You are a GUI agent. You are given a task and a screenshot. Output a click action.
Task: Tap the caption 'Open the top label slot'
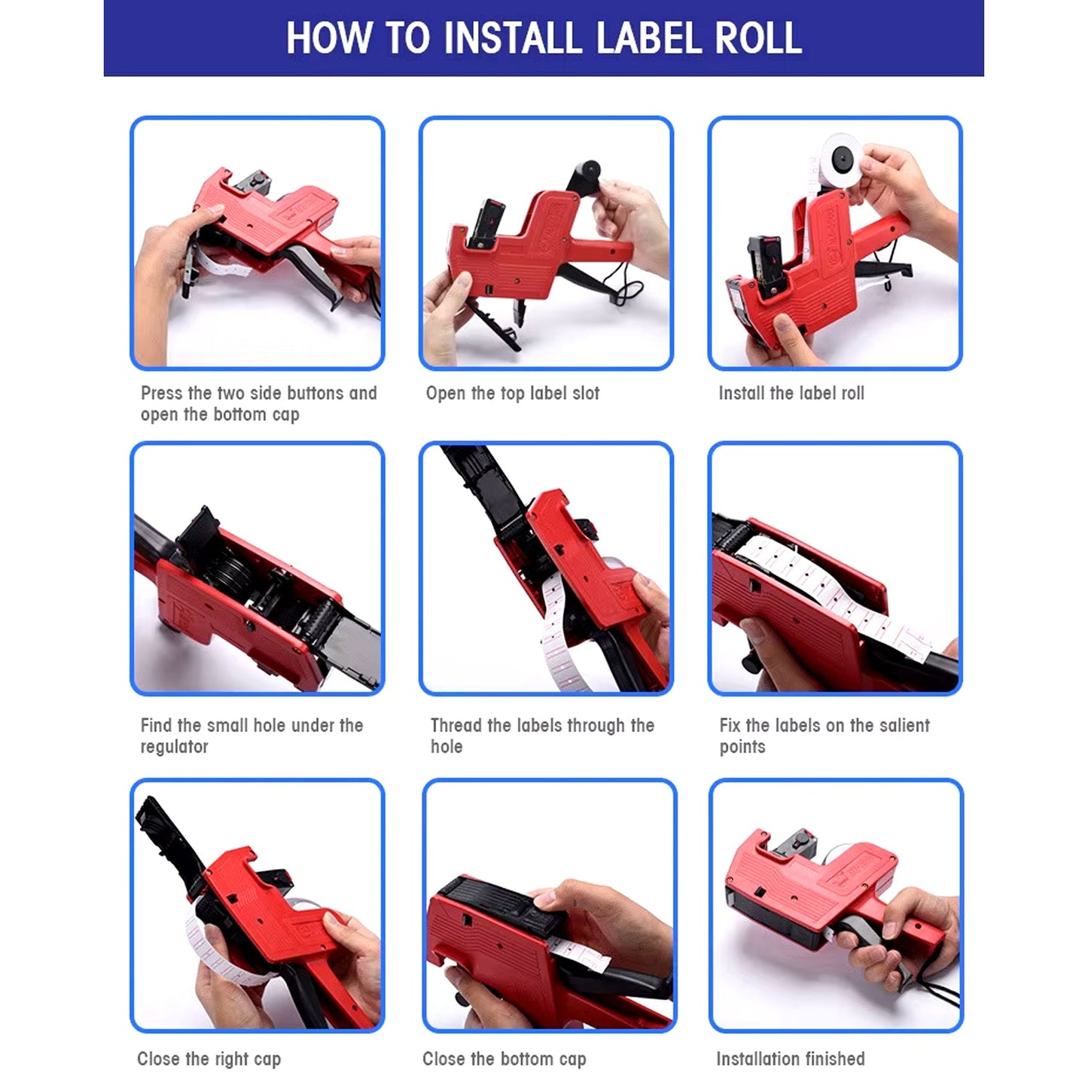click(512, 393)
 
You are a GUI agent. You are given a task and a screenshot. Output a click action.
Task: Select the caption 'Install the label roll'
click(791, 393)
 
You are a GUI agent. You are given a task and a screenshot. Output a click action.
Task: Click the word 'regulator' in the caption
click(174, 747)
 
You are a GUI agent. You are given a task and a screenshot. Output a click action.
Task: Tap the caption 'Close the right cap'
click(209, 1059)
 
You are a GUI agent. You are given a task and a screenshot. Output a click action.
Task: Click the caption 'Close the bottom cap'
click(504, 1059)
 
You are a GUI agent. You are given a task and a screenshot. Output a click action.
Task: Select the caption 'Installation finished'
click(790, 1059)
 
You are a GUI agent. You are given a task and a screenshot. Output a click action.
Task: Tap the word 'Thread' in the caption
click(456, 726)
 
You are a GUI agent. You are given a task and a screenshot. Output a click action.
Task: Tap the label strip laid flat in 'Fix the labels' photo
click(821, 587)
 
